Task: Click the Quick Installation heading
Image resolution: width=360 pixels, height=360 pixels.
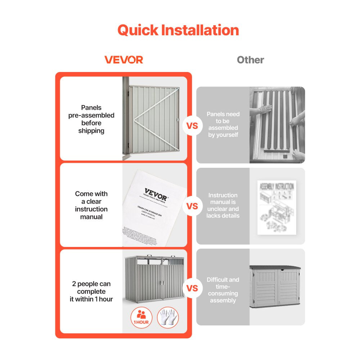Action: point(178,30)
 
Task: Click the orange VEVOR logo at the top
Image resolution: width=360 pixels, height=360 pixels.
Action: point(124,60)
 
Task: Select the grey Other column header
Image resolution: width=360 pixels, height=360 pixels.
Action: point(250,60)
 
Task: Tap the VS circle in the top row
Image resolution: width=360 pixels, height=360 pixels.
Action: point(193,126)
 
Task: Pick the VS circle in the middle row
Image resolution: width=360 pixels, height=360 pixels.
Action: point(193,206)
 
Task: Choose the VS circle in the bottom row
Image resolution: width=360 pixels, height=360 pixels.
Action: point(193,288)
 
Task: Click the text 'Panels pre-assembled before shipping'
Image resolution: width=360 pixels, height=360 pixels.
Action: point(91,119)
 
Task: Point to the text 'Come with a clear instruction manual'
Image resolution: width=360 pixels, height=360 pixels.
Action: point(91,205)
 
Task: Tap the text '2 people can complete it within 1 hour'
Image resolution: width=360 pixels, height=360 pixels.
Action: point(91,292)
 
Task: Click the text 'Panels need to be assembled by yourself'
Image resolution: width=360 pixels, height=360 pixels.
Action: point(223,124)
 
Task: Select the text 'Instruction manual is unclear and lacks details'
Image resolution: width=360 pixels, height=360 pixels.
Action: point(223,205)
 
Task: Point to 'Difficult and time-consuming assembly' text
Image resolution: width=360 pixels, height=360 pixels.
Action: point(223,290)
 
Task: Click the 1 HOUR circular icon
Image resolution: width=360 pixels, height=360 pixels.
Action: point(141,318)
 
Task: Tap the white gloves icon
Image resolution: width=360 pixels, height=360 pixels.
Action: point(168,318)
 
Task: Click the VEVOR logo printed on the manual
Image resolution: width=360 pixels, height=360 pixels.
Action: point(156,195)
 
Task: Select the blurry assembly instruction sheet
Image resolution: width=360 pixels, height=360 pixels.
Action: point(276,207)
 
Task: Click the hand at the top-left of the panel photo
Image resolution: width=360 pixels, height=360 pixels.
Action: point(266,108)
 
